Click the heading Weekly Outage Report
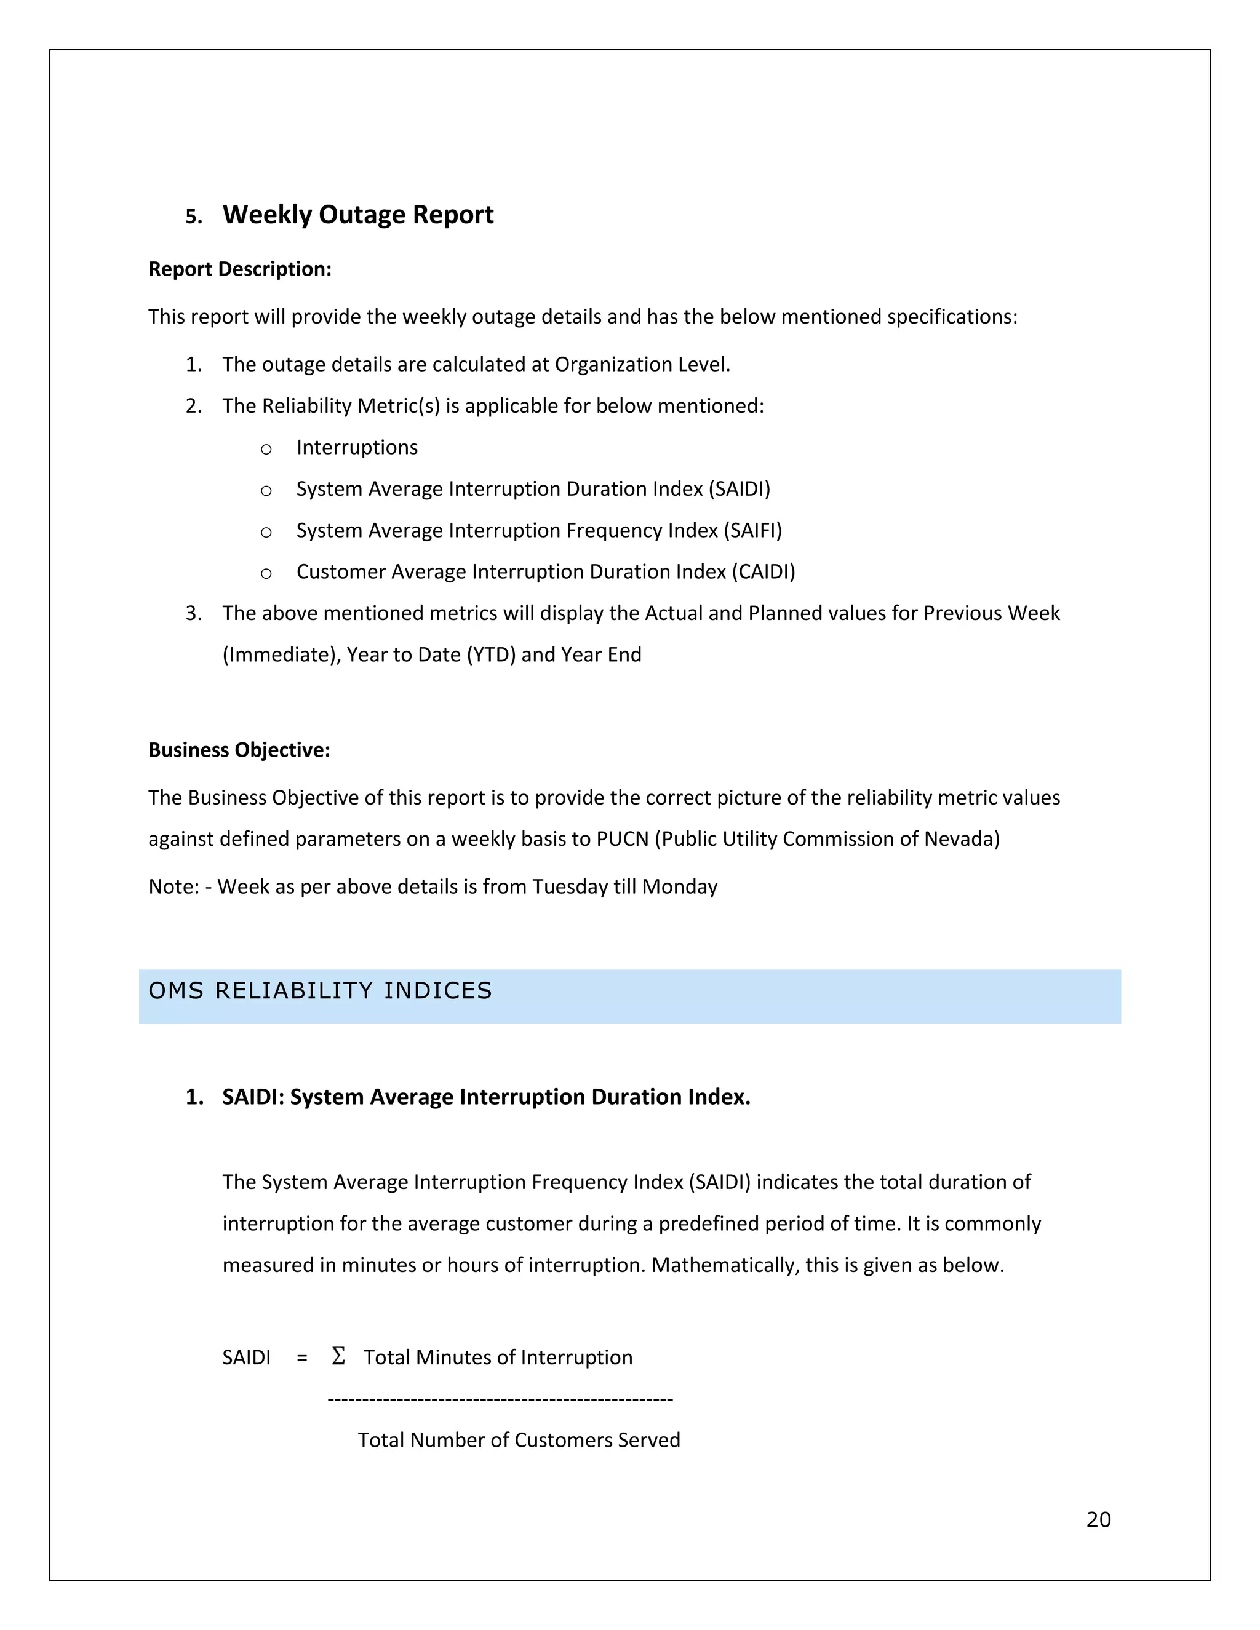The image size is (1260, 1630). point(357,215)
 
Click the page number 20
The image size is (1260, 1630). point(1098,1519)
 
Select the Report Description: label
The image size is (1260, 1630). point(239,269)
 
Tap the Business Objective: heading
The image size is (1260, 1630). point(239,749)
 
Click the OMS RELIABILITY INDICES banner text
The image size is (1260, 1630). point(320,990)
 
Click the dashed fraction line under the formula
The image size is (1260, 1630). point(500,1399)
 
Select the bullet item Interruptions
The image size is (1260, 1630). point(357,447)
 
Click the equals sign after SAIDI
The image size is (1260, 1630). point(301,1358)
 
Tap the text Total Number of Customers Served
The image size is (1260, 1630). point(519,1440)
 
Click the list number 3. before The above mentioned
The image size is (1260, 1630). point(193,613)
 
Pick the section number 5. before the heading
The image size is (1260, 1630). point(193,217)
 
